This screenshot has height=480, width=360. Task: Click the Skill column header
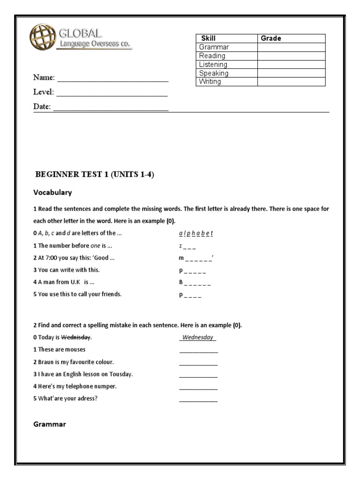[x=208, y=38]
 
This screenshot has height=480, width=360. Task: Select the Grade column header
[x=271, y=38]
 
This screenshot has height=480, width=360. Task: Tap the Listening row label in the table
[x=213, y=65]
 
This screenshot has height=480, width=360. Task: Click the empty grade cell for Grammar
[x=291, y=47]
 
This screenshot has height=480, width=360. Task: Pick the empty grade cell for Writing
[x=291, y=82]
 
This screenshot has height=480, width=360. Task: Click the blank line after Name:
[x=112, y=78]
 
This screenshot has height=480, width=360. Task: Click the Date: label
[x=42, y=107]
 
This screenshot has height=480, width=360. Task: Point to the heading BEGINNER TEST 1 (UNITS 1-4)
[x=95, y=175]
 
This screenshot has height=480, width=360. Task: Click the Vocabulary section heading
[x=52, y=193]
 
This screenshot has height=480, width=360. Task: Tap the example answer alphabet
[x=196, y=233]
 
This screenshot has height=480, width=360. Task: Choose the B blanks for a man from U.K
[x=195, y=282]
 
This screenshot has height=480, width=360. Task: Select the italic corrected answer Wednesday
[x=198, y=337]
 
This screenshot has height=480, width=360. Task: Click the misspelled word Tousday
[x=120, y=374]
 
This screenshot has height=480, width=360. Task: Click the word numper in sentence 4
[x=105, y=386]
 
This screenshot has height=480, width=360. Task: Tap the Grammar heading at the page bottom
[x=50, y=424]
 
